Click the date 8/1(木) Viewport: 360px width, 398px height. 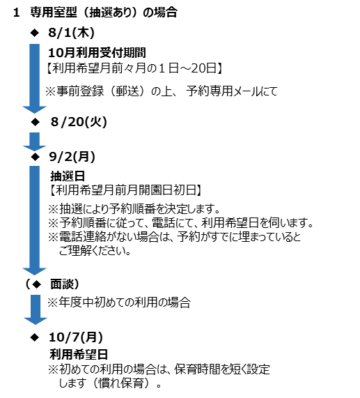click(71, 33)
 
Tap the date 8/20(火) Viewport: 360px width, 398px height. click(79, 122)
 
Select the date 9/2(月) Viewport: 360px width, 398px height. click(72, 157)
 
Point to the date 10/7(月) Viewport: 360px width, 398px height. click(76, 337)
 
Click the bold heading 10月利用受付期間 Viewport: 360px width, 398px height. click(97, 53)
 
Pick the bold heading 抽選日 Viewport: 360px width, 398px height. click(68, 176)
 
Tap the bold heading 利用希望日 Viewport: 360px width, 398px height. click(79, 354)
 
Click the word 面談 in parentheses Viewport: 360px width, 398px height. click(61, 284)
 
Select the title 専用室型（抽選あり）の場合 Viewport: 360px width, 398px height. click(104, 12)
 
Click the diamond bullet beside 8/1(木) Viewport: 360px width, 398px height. click(35, 33)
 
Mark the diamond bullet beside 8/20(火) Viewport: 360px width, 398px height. click(36, 122)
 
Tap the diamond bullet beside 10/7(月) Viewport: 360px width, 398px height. click(35, 337)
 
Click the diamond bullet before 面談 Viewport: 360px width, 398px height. click(37, 284)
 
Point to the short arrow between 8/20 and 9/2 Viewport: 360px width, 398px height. click(35, 141)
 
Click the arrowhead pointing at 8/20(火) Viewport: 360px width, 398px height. click(35, 109)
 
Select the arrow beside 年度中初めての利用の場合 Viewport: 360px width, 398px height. click(36, 309)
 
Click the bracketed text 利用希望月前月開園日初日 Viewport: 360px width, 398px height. click(126, 190)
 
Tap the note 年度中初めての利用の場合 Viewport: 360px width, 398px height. click(119, 303)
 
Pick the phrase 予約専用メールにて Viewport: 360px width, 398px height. click(232, 91)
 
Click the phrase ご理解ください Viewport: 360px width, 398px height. click(95, 251)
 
